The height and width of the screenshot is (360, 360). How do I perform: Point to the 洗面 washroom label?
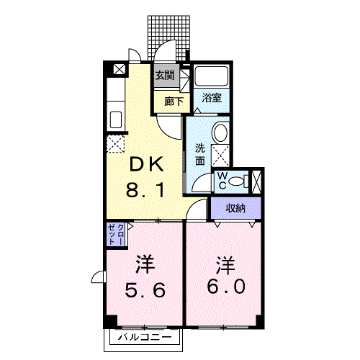coord(199,155)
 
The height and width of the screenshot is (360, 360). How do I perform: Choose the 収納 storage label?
coord(235,209)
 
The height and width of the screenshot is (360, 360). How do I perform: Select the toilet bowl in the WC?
coord(243,181)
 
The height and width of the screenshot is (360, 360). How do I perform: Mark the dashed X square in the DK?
coord(115,143)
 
